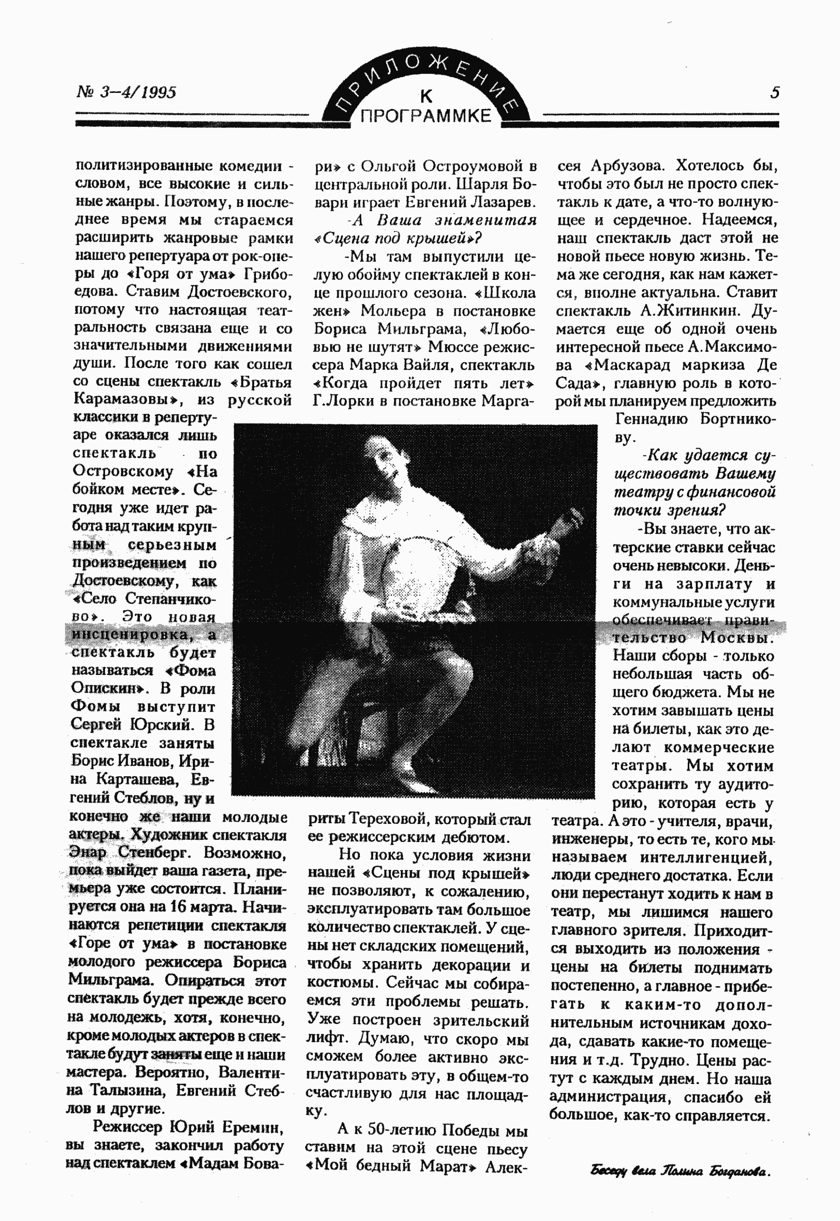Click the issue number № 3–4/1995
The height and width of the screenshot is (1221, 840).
127,92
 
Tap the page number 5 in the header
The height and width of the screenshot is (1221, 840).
774,92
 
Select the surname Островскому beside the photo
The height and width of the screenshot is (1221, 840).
123,471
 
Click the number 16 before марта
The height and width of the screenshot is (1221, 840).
177,906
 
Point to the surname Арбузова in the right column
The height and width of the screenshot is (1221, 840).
627,166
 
